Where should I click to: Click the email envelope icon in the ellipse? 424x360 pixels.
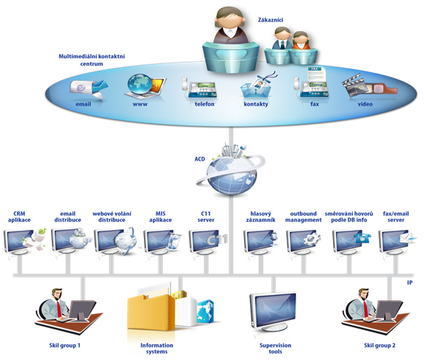[88, 88]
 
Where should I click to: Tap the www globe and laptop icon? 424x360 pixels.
[145, 87]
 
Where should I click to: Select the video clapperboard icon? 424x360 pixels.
[368, 87]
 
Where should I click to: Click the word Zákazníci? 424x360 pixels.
[270, 20]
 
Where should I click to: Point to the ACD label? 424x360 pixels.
[200, 159]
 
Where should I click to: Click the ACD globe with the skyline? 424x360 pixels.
[230, 170]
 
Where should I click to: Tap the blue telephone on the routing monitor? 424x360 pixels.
[363, 238]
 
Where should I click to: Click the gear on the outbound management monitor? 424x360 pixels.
[311, 239]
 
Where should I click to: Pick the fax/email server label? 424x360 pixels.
[396, 217]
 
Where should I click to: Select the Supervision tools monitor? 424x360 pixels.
[273, 311]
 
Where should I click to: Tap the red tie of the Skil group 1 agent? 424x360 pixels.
[59, 309]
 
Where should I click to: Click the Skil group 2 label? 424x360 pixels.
[379, 345]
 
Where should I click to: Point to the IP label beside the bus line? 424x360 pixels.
[410, 283]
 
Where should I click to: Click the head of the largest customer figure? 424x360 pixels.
[230, 18]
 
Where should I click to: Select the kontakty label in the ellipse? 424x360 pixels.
[256, 104]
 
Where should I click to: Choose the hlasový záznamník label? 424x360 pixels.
[261, 217]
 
